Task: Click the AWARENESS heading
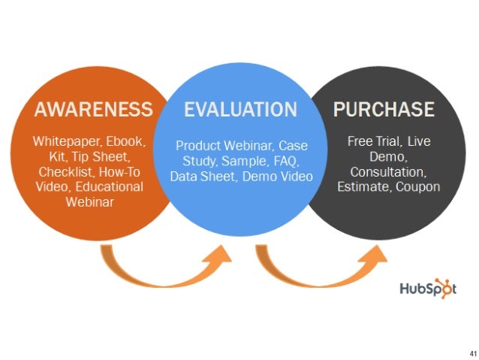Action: [x=93, y=110]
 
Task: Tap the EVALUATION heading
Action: [x=240, y=110]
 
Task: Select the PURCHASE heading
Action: [x=384, y=110]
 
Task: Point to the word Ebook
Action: [x=125, y=141]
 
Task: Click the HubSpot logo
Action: [x=425, y=289]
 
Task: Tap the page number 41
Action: [x=470, y=352]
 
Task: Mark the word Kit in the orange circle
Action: [x=62, y=156]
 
